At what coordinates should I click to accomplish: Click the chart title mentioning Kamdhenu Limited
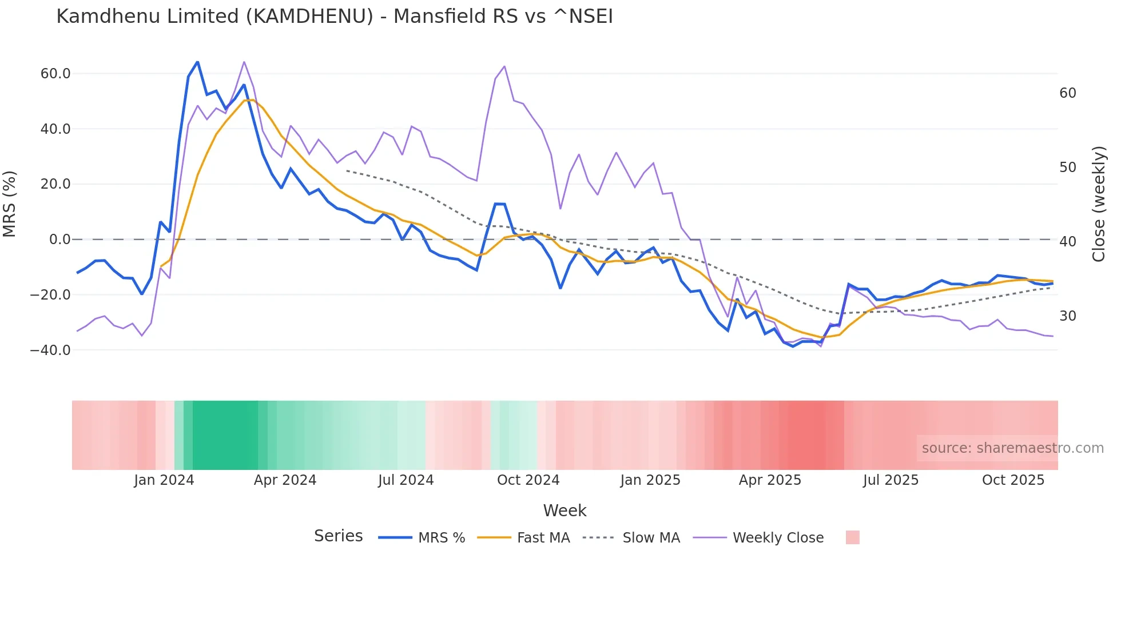[335, 17]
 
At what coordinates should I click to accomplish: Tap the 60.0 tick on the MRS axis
[55, 74]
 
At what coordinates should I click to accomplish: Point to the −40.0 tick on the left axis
[50, 350]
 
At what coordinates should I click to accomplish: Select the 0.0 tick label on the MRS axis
[60, 240]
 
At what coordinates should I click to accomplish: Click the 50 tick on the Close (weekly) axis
[1068, 168]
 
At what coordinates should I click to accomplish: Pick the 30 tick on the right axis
[1068, 316]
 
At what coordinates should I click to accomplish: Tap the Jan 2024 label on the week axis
[164, 480]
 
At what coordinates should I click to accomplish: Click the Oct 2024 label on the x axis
[528, 480]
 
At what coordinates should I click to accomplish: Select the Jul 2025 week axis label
[891, 480]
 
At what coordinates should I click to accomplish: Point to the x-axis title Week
[565, 511]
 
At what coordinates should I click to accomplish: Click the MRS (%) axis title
[10, 204]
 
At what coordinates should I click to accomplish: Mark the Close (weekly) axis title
[1099, 204]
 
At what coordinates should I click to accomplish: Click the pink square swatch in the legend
[852, 537]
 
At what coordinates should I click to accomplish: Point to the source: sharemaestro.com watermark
[1012, 448]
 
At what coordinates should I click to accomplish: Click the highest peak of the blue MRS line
[197, 62]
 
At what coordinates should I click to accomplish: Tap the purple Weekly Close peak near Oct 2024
[504, 66]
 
